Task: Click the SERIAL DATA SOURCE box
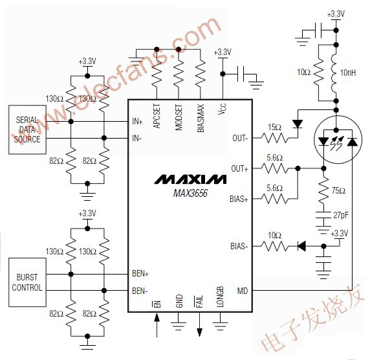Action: [x=27, y=129]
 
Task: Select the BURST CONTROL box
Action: [x=27, y=282]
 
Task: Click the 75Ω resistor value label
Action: [x=339, y=190]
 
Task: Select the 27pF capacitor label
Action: [x=340, y=214]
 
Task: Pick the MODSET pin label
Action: [x=179, y=116]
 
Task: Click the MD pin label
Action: [x=243, y=291]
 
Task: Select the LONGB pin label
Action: [x=221, y=298]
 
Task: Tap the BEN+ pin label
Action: [x=140, y=274]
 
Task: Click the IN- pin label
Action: [x=136, y=138]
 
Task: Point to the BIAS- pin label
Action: [x=238, y=246]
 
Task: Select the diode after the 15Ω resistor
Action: [x=297, y=120]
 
